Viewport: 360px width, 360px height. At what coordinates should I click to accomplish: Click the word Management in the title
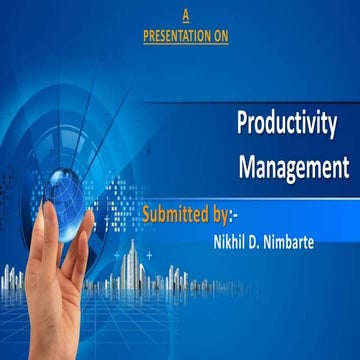coord(293,166)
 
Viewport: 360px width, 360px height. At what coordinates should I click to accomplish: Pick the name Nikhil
coord(233,241)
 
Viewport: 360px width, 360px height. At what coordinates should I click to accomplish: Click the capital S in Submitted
coord(148,214)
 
